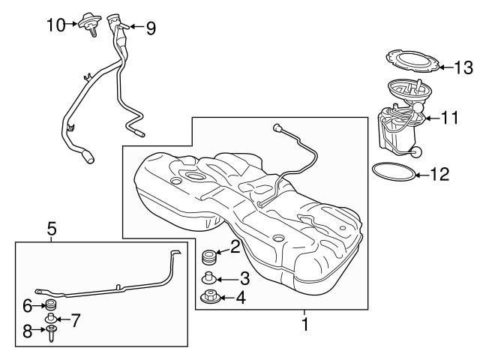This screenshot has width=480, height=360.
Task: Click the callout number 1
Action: (305, 325)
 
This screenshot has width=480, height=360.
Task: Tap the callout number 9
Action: (151, 28)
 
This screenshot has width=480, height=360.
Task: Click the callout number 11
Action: (448, 117)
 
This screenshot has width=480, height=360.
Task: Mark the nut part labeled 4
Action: (209, 298)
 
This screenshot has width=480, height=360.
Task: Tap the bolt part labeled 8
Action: (50, 333)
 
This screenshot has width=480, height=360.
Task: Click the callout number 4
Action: (240, 298)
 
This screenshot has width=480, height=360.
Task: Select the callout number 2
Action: (235, 245)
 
